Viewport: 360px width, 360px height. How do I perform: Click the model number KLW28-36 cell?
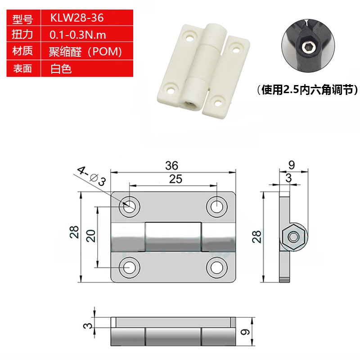click(x=77, y=18)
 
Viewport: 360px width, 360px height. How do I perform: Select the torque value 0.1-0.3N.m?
click(x=77, y=35)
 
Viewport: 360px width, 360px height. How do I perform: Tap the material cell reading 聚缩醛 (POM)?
click(x=85, y=52)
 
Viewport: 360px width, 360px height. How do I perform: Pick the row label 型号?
click(x=22, y=18)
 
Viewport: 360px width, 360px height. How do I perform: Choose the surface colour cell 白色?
click(x=61, y=69)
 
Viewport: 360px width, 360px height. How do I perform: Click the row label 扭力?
click(x=22, y=35)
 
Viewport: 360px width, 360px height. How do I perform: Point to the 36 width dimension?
click(x=171, y=166)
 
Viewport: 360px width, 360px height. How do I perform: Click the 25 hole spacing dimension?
click(x=175, y=179)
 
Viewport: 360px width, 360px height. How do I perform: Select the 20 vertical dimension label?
click(x=91, y=235)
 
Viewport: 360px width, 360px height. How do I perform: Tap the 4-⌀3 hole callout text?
click(x=92, y=176)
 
